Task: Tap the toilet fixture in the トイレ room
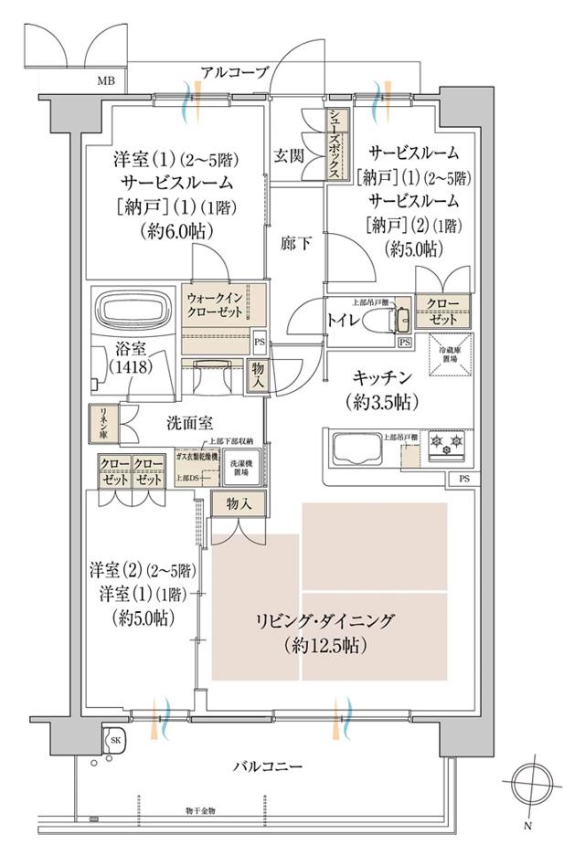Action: [x=382, y=321]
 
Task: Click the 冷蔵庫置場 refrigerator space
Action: [x=449, y=354]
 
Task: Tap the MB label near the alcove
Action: [x=106, y=83]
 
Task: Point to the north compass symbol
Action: [x=528, y=783]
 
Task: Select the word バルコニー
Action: [x=267, y=766]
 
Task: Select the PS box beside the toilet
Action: [x=404, y=343]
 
